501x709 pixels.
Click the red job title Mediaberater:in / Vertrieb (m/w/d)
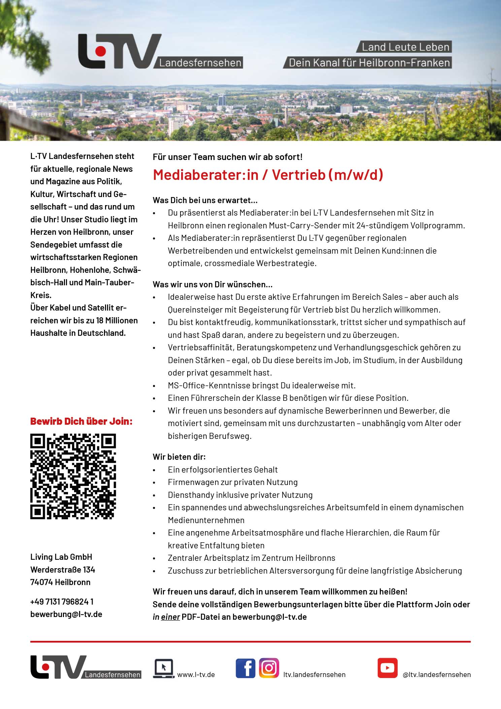(x=268, y=175)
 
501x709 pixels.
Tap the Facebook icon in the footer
(x=245, y=668)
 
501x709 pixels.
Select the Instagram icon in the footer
(x=269, y=668)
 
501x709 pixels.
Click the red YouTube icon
(x=387, y=668)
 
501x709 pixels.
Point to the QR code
(x=73, y=477)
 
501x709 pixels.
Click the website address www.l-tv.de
(x=196, y=675)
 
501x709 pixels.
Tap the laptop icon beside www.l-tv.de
(x=163, y=668)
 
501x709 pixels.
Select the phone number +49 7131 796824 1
(x=62, y=602)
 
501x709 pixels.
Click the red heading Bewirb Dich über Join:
(x=81, y=421)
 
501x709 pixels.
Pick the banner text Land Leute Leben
(x=405, y=47)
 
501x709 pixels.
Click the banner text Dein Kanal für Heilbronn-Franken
(x=369, y=63)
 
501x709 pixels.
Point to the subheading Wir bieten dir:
(x=179, y=457)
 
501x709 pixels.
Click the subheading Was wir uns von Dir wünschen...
(x=212, y=285)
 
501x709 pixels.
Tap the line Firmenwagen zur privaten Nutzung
(x=233, y=482)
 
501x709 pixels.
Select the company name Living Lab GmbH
(x=61, y=557)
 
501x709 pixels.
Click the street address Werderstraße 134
(x=63, y=570)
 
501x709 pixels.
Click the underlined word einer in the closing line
(x=170, y=617)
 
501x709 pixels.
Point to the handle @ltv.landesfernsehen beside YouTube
(x=437, y=675)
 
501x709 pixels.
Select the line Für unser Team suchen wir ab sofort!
(x=228, y=157)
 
